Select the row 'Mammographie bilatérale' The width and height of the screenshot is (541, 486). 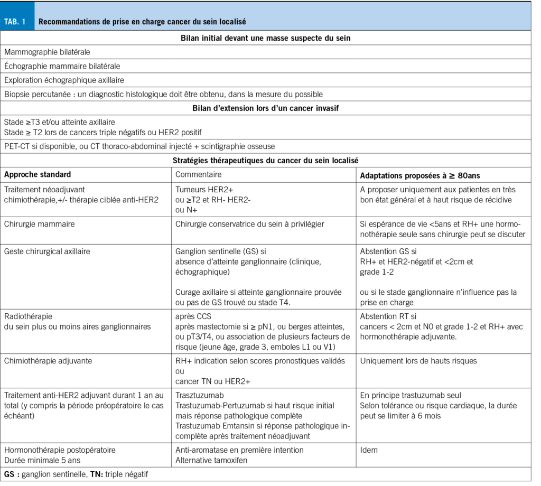(47, 52)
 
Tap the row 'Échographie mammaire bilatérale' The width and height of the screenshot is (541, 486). (62, 66)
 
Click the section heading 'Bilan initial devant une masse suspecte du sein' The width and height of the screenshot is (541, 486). (265, 38)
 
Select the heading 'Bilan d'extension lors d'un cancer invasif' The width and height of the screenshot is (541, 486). (265, 109)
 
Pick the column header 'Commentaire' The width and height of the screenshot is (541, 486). (199, 174)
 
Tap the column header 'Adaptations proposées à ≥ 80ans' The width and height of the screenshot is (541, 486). (420, 175)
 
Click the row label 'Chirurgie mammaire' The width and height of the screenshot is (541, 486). (39, 224)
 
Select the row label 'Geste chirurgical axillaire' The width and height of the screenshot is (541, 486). (47, 251)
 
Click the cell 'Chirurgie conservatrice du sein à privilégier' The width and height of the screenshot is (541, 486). (249, 224)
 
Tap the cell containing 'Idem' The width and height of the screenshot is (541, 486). (369, 450)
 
